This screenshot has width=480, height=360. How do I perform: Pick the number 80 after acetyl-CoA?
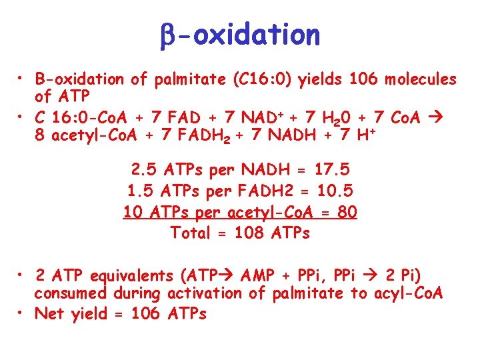[347, 212]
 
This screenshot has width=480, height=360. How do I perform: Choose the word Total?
[192, 233]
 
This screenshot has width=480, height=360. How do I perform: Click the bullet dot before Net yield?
[22, 312]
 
